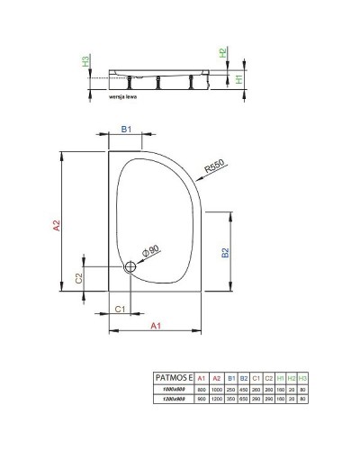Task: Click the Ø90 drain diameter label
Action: pos(148,249)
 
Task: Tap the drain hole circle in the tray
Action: pos(130,265)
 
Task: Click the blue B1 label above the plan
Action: pos(126,130)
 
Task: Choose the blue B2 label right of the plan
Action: pos(226,253)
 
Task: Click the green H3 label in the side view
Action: pos(85,63)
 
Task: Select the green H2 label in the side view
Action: pos(223,54)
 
